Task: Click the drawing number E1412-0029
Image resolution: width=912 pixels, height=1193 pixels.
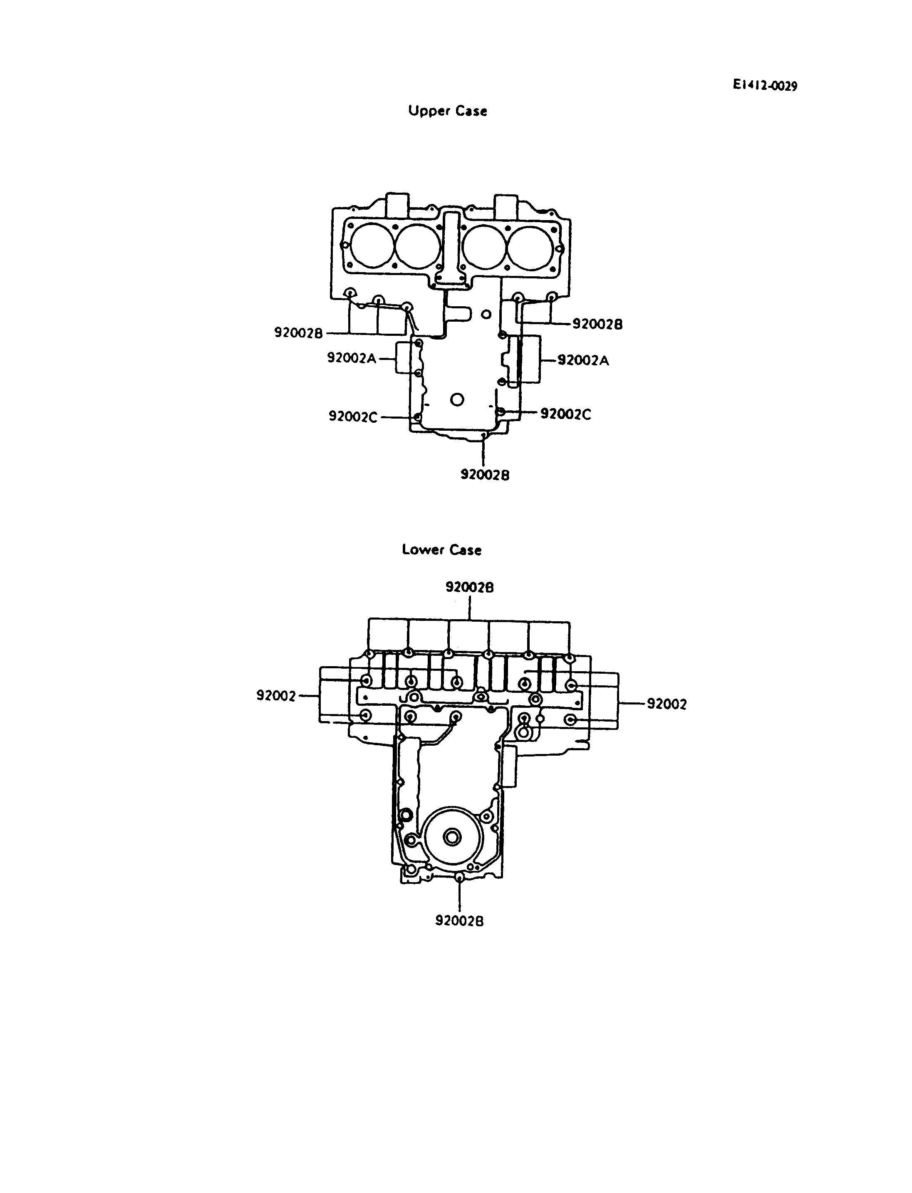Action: pyautogui.click(x=765, y=85)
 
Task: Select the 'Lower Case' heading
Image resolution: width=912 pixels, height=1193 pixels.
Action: pyautogui.click(x=441, y=550)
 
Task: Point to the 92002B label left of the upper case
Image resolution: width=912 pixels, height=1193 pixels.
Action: pyautogui.click(x=299, y=332)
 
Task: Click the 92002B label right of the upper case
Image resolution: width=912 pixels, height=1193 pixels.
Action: pyautogui.click(x=598, y=324)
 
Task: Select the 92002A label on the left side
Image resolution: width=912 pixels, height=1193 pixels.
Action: pyautogui.click(x=352, y=358)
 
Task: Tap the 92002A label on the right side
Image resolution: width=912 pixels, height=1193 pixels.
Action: pyautogui.click(x=584, y=360)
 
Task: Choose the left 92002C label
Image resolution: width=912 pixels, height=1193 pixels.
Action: pyautogui.click(x=353, y=417)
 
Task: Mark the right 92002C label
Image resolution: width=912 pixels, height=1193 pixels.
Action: pyautogui.click(x=566, y=414)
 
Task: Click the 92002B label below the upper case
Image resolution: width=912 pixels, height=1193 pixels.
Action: pyautogui.click(x=485, y=475)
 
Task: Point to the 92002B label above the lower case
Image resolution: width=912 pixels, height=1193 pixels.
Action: pyautogui.click(x=470, y=587)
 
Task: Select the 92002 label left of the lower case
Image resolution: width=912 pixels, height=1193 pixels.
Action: pyautogui.click(x=276, y=696)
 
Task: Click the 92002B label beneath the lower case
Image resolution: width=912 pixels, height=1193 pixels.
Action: pyautogui.click(x=459, y=921)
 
